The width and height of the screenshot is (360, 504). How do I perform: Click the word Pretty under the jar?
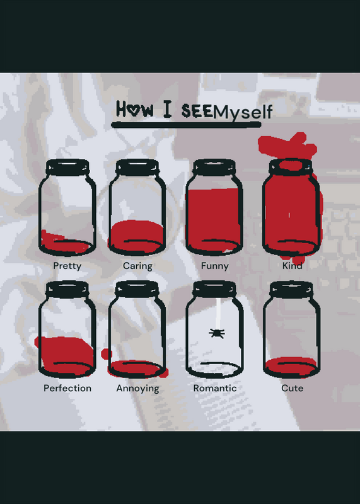(67, 266)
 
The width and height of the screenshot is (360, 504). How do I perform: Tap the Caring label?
(137, 266)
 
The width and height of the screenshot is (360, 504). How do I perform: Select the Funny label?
(215, 266)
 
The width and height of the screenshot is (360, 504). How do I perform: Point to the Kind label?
(292, 266)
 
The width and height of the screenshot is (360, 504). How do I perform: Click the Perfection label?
(67, 388)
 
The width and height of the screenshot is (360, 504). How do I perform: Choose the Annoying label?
(137, 389)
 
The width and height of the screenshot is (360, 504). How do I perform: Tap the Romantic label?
(215, 388)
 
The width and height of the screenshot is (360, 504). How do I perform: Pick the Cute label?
(292, 388)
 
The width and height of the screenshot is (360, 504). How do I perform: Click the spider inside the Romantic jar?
(217, 333)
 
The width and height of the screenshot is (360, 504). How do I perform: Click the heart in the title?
(133, 110)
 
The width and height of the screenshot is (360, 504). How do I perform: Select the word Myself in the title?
(243, 113)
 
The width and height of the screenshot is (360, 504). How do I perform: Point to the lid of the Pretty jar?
(67, 168)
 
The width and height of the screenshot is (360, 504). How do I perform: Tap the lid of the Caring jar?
(137, 168)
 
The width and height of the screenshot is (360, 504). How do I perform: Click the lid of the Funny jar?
(214, 168)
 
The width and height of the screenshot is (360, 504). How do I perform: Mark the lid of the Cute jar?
(291, 290)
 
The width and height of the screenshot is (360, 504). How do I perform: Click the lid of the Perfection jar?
(67, 289)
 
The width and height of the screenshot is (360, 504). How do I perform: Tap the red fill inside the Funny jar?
(214, 219)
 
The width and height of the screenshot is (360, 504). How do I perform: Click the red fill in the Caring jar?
(136, 236)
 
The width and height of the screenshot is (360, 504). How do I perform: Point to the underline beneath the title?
(186, 125)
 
